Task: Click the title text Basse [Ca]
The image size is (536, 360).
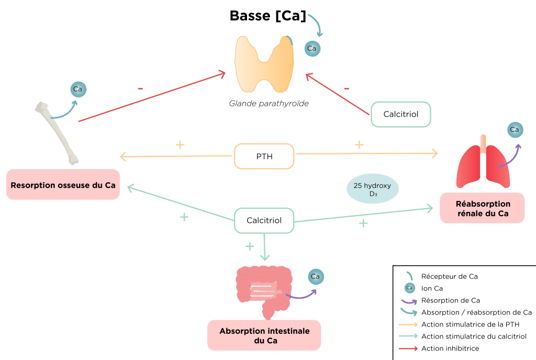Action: [267, 16]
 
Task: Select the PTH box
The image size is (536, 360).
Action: [264, 156]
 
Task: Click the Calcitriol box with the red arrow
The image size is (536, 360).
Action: [401, 114]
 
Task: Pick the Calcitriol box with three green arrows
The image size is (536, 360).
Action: [264, 221]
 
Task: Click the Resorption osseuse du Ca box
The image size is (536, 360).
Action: [63, 184]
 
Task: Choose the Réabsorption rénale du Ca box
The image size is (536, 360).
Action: [482, 208]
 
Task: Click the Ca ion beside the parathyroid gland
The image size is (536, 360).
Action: [312, 49]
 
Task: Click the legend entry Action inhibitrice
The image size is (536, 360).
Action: [450, 348]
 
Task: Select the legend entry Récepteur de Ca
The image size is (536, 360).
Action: [450, 276]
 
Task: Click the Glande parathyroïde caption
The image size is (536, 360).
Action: [269, 104]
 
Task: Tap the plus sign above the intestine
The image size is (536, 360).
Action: [250, 245]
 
